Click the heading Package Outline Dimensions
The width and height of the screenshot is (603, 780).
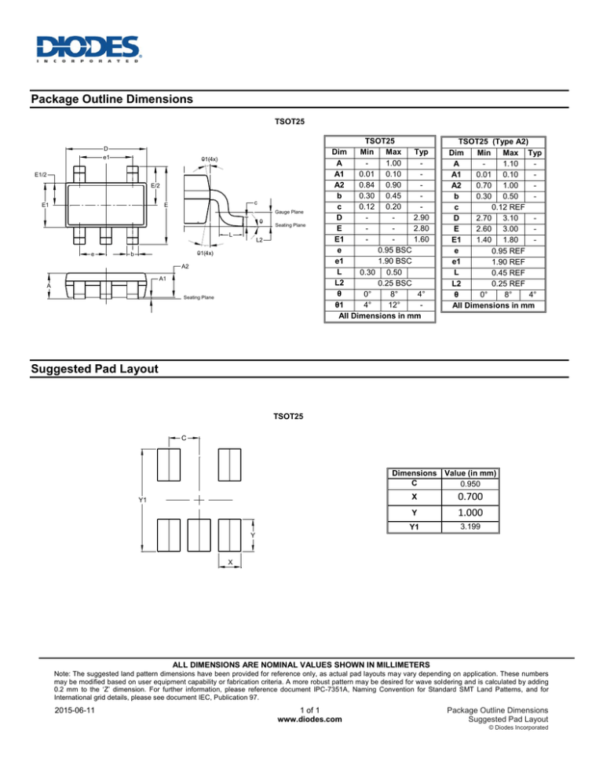(110, 100)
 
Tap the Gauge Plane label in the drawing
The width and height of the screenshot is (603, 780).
(289, 213)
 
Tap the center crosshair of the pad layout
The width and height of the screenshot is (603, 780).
(200, 499)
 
